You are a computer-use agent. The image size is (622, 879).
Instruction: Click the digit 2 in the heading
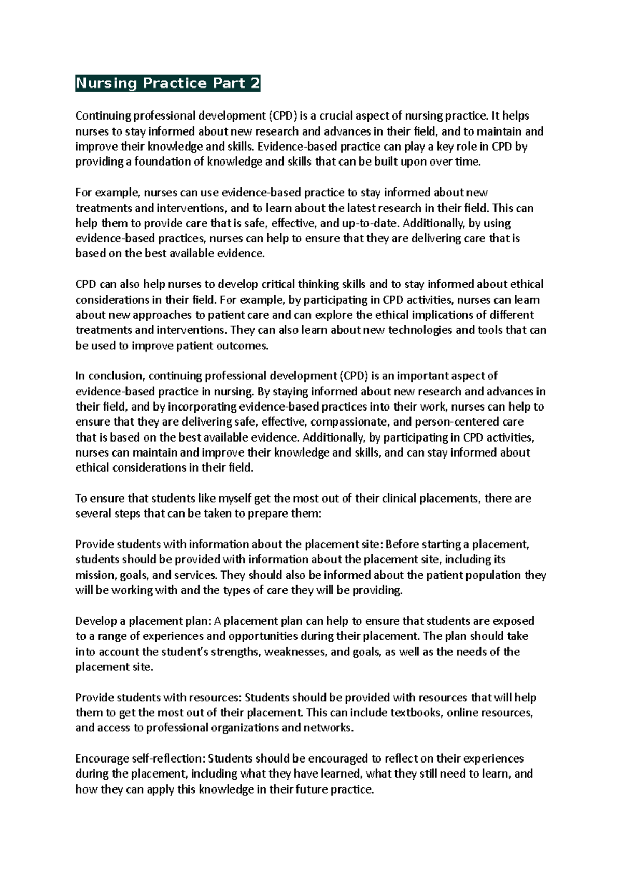255,83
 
